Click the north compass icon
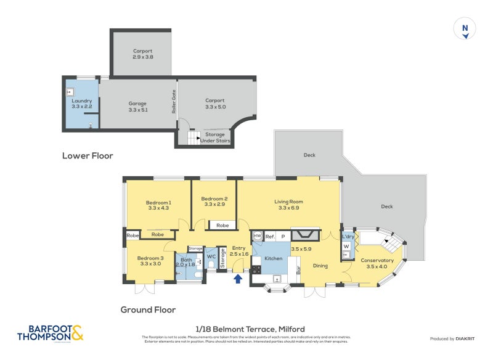pyautogui.click(x=465, y=29)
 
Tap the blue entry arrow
pyautogui.click(x=238, y=279)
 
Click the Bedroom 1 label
pyautogui.click(x=158, y=205)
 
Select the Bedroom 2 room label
pyautogui.click(x=214, y=202)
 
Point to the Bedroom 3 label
pyautogui.click(x=150, y=261)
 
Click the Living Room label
pyautogui.click(x=288, y=205)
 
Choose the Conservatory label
pyautogui.click(x=377, y=263)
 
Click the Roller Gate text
pyautogui.click(x=174, y=102)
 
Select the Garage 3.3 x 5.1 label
pyautogui.click(x=138, y=107)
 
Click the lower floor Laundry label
pyautogui.click(x=81, y=104)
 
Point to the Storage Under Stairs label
pyautogui.click(x=215, y=137)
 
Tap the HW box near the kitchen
pyautogui.click(x=257, y=236)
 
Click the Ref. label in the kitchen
pyautogui.click(x=270, y=236)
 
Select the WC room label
pyautogui.click(x=211, y=256)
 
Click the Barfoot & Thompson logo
pyautogui.click(x=51, y=333)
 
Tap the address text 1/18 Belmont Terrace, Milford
pyautogui.click(x=246, y=329)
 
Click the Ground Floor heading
pyautogui.click(x=148, y=310)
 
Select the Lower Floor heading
pyautogui.click(x=88, y=156)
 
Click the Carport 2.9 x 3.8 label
pyautogui.click(x=142, y=54)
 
